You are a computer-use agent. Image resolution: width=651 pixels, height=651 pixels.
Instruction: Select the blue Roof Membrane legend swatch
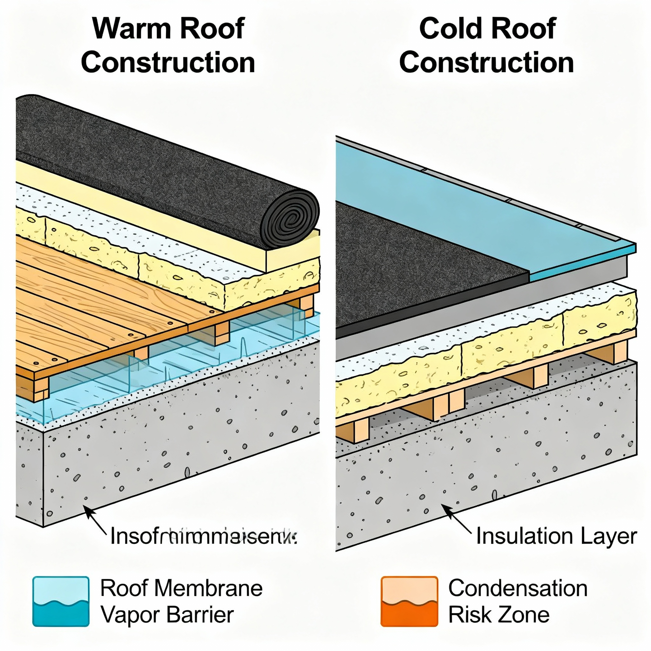click(61, 601)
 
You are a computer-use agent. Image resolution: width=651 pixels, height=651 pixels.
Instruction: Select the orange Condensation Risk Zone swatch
click(409, 601)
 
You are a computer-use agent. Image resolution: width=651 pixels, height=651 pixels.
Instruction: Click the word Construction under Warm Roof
click(168, 63)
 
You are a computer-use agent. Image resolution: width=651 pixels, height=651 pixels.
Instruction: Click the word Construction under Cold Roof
click(487, 63)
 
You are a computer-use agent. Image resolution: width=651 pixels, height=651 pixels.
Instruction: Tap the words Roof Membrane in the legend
click(181, 588)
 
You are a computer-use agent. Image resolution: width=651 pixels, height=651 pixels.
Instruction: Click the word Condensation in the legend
click(518, 588)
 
